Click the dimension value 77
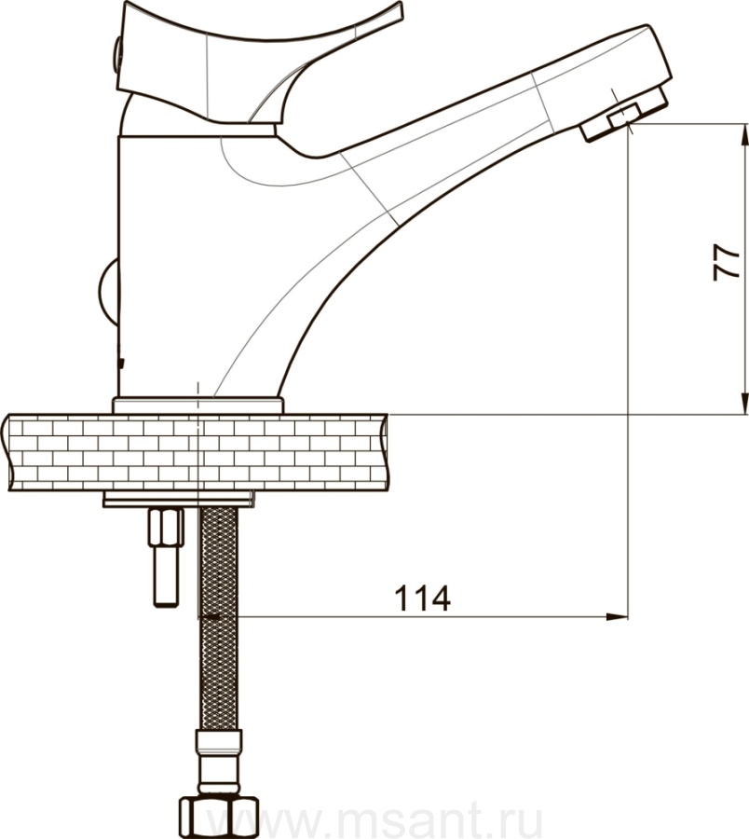(x=727, y=262)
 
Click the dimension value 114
(x=422, y=598)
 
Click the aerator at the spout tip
(x=624, y=117)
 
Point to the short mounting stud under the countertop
(x=166, y=557)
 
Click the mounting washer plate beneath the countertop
(x=179, y=500)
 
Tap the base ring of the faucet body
(x=197, y=406)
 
